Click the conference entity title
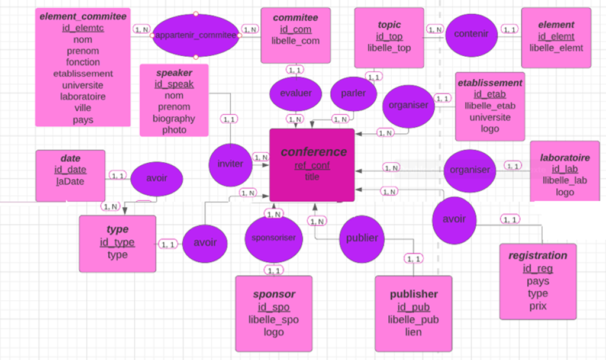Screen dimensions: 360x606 point(314,152)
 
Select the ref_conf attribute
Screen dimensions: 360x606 point(312,165)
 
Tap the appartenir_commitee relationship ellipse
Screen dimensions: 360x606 point(196,35)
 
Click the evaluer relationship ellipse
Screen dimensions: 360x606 point(295,93)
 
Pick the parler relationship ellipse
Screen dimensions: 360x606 point(353,93)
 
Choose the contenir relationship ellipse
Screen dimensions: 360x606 point(471,34)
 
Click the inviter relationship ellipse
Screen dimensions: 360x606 point(230,163)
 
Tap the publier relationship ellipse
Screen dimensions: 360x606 point(362,238)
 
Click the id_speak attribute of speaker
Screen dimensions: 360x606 point(174,84)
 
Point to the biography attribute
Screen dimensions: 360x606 point(174,118)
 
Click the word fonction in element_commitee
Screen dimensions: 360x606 point(83,62)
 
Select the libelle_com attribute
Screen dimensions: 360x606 point(295,41)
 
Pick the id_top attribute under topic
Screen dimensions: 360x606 point(389,37)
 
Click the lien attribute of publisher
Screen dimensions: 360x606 point(413,332)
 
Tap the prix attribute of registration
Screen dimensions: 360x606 point(538,306)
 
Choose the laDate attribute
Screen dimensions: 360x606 point(70,181)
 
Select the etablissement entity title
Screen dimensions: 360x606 point(489,83)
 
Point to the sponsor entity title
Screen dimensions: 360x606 point(274,294)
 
